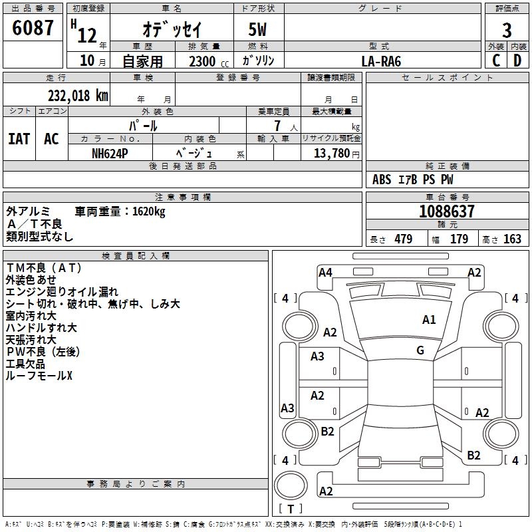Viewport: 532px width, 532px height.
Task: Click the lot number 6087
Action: point(33,28)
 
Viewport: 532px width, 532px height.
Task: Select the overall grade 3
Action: point(507,31)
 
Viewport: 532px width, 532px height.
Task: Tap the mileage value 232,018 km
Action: point(78,96)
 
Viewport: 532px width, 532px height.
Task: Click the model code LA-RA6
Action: point(381,61)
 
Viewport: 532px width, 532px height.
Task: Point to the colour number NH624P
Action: point(110,154)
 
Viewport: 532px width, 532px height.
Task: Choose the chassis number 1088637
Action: point(446,211)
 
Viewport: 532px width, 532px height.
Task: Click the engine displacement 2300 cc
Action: point(209,61)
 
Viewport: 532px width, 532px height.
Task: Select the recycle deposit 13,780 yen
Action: point(336,154)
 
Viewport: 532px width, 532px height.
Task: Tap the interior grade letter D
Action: point(517,61)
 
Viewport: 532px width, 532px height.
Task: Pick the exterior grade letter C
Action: point(495,61)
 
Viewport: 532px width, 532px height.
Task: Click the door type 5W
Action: point(257,29)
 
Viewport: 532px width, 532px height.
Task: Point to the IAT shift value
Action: point(19,139)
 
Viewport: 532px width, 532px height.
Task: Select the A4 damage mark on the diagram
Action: point(325,273)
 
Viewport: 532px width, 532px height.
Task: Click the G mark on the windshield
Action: point(420,350)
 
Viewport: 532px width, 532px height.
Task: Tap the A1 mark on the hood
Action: point(429,320)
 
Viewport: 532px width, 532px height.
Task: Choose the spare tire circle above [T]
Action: point(291,485)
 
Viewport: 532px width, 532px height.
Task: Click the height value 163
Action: point(512,239)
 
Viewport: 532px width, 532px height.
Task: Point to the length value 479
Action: point(404,239)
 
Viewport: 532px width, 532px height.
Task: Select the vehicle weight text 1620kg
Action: point(148,211)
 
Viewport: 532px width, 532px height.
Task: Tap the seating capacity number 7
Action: point(277,126)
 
